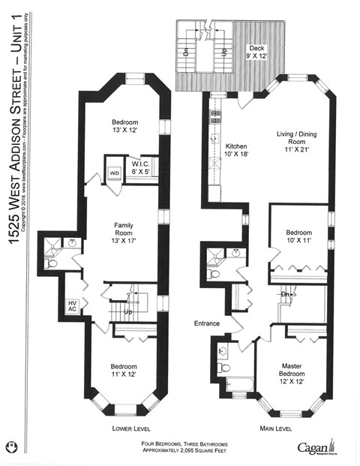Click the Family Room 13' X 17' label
coord(123,232)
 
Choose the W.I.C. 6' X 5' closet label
coord(142,170)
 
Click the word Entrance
coord(206,323)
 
